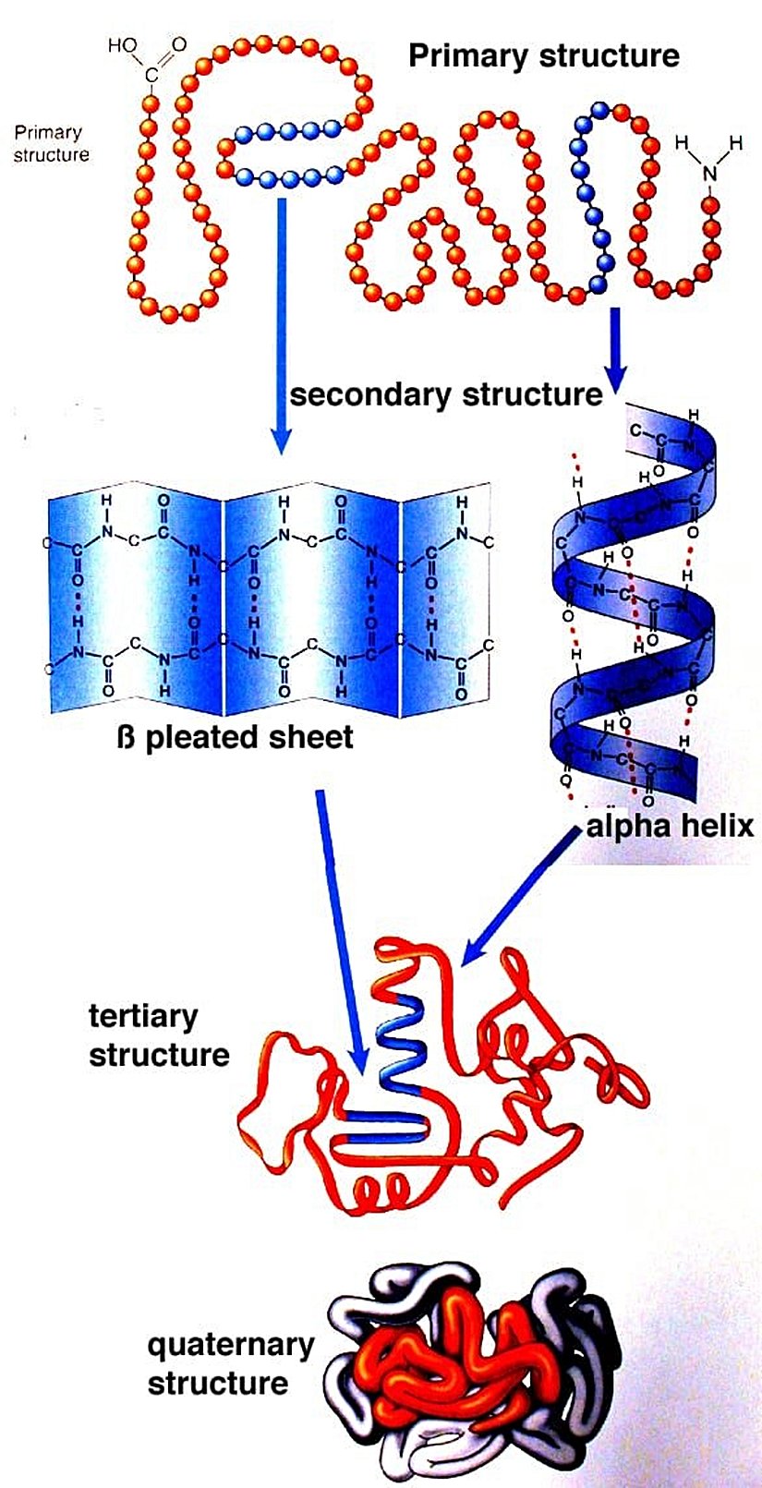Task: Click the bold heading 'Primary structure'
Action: [543, 55]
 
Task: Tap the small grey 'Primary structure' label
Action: [52, 144]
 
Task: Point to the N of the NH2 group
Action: [709, 172]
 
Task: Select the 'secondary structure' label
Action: [446, 395]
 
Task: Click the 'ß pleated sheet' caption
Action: [236, 737]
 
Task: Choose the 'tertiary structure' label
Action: [158, 1035]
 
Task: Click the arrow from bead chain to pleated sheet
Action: [282, 323]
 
